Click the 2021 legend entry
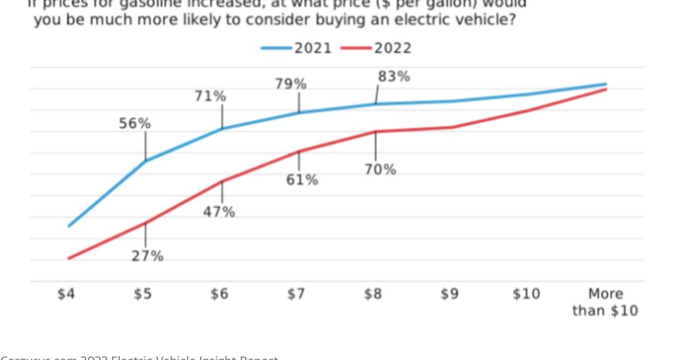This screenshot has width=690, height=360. pyautogui.click(x=312, y=48)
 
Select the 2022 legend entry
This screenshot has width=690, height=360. pyautogui.click(x=392, y=48)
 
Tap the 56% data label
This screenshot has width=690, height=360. pyautogui.click(x=135, y=123)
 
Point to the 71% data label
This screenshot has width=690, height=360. pyautogui.click(x=210, y=96)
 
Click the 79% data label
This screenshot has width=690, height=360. pyautogui.click(x=290, y=84)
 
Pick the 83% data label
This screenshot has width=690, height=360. pyautogui.click(x=394, y=77)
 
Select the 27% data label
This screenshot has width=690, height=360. pyautogui.click(x=148, y=256)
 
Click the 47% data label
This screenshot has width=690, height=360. pyautogui.click(x=219, y=212)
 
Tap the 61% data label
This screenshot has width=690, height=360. pyautogui.click(x=302, y=180)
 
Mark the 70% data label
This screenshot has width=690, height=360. pyautogui.click(x=380, y=169)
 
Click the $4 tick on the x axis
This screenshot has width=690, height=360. pyautogui.click(x=66, y=294)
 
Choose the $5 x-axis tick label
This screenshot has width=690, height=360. pyautogui.click(x=143, y=294)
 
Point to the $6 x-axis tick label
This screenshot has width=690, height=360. pyautogui.click(x=220, y=294)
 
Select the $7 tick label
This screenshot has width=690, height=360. pyautogui.click(x=296, y=294)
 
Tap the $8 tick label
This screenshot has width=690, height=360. pyautogui.click(x=373, y=294)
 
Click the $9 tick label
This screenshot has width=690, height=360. pyautogui.click(x=450, y=294)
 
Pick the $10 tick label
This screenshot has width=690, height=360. pyautogui.click(x=526, y=294)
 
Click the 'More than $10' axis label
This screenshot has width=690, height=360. pyautogui.click(x=605, y=302)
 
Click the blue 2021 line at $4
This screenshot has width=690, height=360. pyautogui.click(x=69, y=226)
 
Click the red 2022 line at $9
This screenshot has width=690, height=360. pyautogui.click(x=453, y=128)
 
